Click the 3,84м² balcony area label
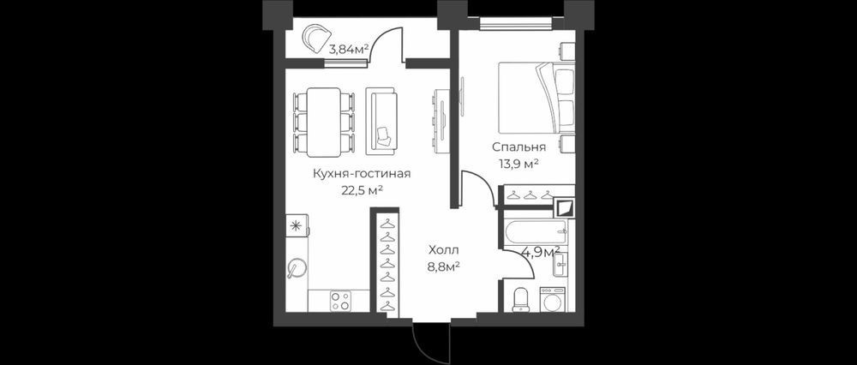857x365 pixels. (347, 49)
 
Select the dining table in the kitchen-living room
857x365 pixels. (324, 122)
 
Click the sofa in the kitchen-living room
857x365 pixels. (382, 120)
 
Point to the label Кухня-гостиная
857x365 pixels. (362, 174)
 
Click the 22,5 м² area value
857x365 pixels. (361, 189)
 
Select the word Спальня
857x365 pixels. (518, 147)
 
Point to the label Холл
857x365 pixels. (444, 251)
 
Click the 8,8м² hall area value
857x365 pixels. (444, 266)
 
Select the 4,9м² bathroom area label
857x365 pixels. (540, 252)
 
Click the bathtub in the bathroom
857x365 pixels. (536, 232)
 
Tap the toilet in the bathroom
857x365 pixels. (521, 299)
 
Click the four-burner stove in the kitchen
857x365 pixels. (340, 301)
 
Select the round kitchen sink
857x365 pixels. (297, 267)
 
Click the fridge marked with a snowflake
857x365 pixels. (297, 225)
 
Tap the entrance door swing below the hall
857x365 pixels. (430, 338)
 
